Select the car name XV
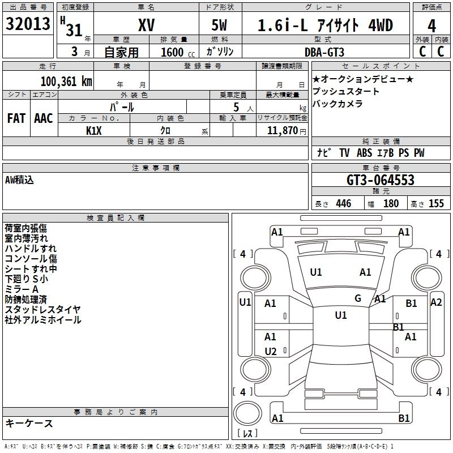pos(146,25)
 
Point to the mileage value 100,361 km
pos(66,81)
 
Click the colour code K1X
pos(94,130)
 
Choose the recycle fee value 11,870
pos(281,130)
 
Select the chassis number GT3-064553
pos(381,181)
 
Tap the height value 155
pos(436,204)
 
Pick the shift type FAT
pos(16,118)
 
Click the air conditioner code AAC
pos(44,118)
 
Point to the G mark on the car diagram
pos(358,298)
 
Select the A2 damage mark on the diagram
pos(436,302)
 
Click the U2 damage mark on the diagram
pos(271,352)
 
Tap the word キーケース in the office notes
pos(29,423)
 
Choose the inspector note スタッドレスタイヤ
pos(43,309)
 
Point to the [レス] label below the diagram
pos(248,434)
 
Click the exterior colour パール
pos(122,106)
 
